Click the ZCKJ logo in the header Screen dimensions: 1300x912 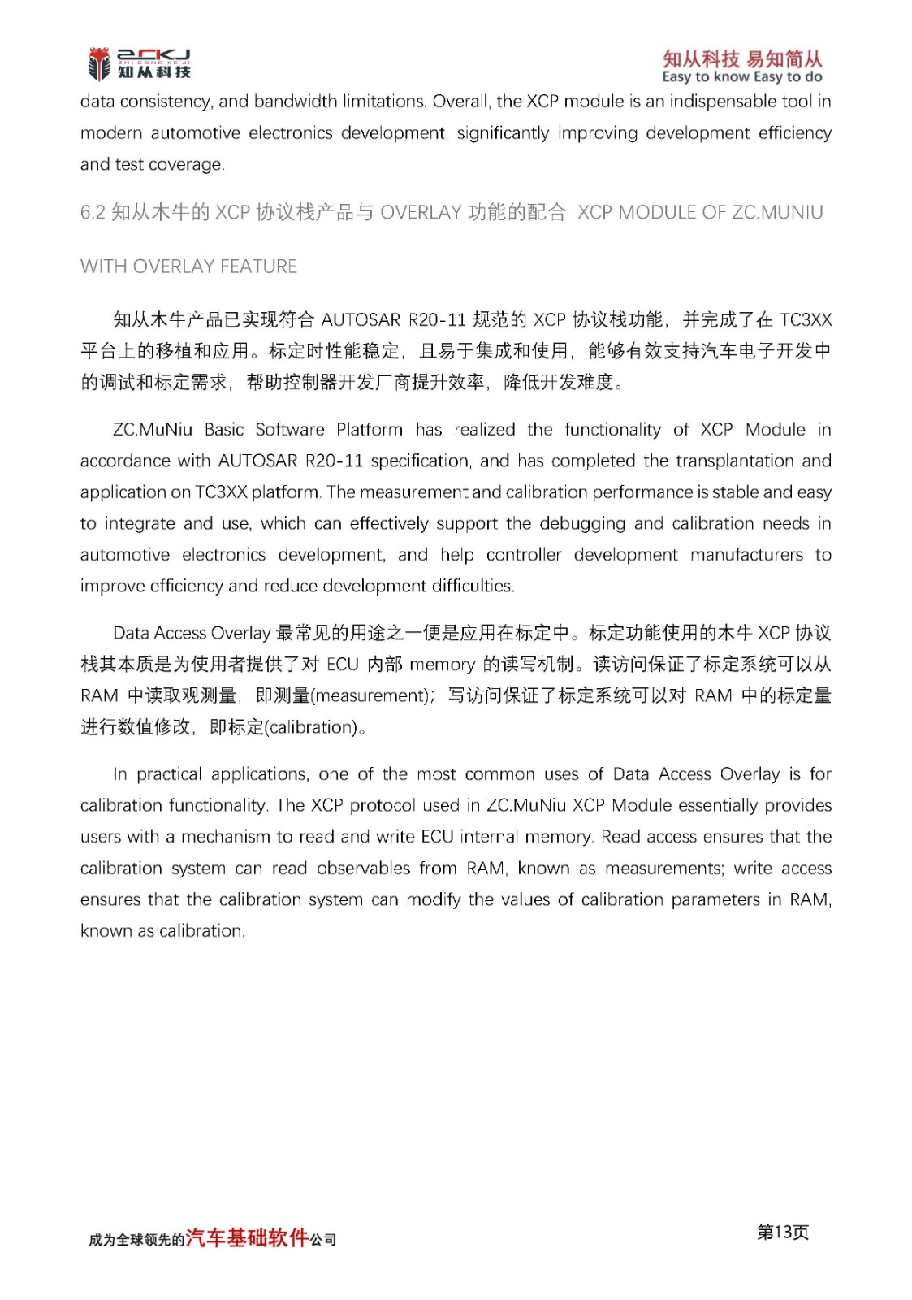click(139, 64)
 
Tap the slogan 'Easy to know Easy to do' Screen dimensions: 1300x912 click(741, 77)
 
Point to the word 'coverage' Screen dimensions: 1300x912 click(184, 164)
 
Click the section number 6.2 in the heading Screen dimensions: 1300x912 click(93, 213)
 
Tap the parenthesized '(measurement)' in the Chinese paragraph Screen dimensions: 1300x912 click(370, 696)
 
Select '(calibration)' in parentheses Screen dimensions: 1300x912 click(313, 727)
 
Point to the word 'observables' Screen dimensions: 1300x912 click(363, 869)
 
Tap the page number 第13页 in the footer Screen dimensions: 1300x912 click(783, 1233)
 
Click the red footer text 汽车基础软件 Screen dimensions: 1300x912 click(247, 1238)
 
